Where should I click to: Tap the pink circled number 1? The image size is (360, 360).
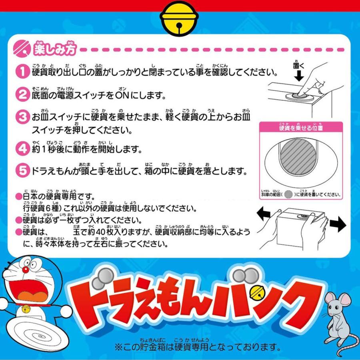click(21, 72)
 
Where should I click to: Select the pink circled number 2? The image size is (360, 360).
click(21, 95)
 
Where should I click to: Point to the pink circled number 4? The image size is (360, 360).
click(21, 149)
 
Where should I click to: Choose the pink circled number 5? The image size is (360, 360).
click(21, 171)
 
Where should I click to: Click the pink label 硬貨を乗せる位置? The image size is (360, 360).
click(301, 128)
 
